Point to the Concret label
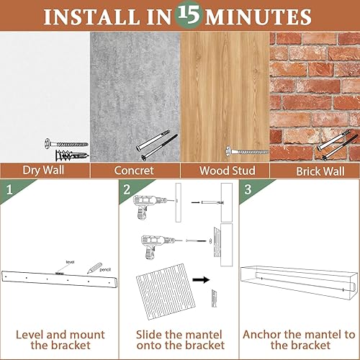coord(135,171)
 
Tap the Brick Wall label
coord(315,171)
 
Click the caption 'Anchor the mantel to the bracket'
coord(300,341)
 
